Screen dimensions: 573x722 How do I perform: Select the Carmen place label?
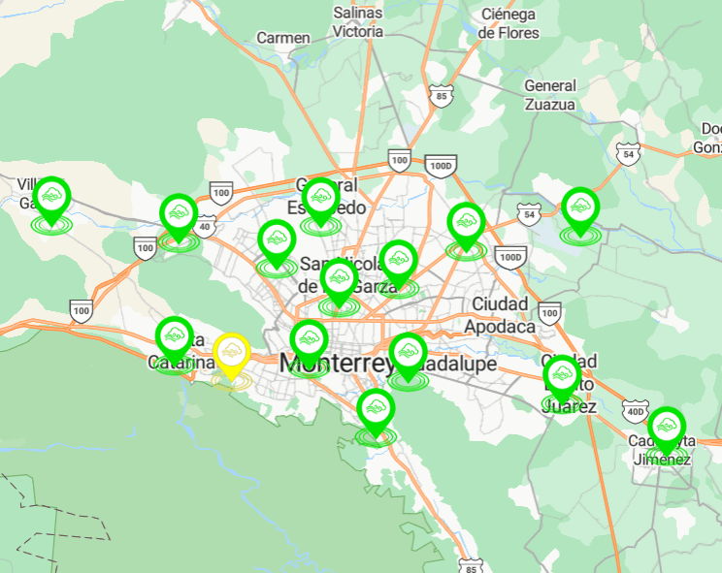tap(283, 38)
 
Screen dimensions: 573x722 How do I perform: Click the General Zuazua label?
tap(550, 94)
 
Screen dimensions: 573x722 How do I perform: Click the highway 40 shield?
tap(204, 227)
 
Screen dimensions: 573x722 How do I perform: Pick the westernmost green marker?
tap(52, 199)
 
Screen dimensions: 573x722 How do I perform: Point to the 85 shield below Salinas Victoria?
tap(442, 96)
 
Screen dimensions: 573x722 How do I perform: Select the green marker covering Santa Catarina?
tap(175, 336)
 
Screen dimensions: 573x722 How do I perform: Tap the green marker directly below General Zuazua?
tap(580, 207)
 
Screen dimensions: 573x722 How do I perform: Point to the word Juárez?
tap(570, 406)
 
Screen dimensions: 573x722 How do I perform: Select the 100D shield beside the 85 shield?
tap(440, 166)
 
